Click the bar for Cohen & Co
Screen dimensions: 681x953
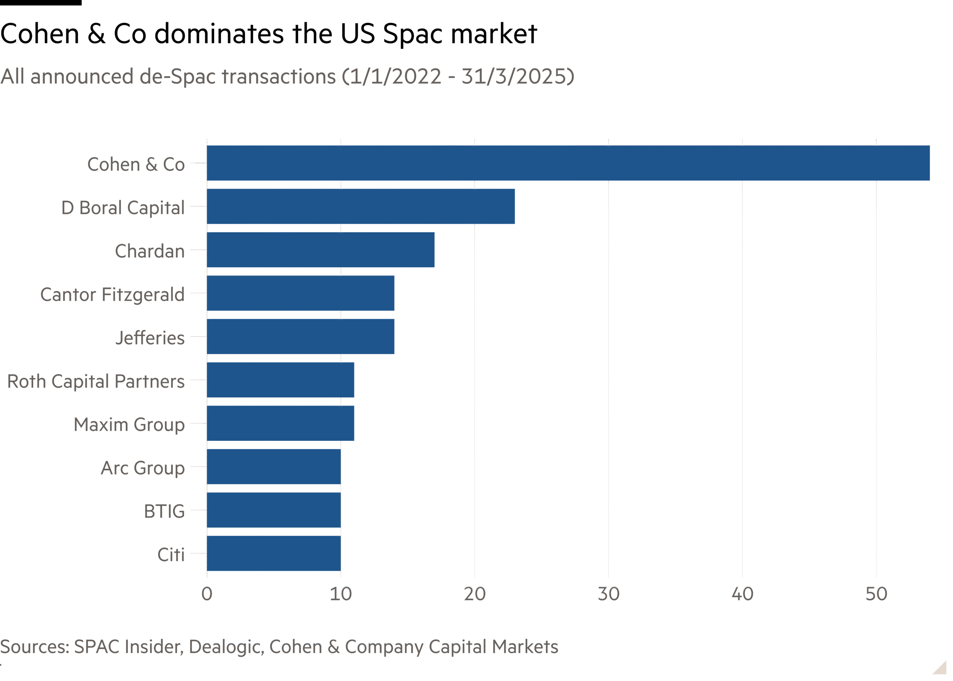coord(568,163)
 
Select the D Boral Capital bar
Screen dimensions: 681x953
coord(361,206)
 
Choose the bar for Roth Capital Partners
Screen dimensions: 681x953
coord(280,380)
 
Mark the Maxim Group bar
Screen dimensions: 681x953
coord(280,423)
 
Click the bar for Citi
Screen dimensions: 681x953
coord(273,554)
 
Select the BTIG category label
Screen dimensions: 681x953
coord(164,511)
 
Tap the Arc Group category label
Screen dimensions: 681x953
coord(143,468)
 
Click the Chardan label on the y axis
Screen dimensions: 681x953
coord(150,251)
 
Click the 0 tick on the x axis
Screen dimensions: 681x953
coord(207,594)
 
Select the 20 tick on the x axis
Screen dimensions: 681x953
coord(475,594)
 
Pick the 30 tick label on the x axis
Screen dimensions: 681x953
coord(608,594)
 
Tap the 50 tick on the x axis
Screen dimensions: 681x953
coord(876,594)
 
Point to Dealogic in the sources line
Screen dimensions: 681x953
coord(226,647)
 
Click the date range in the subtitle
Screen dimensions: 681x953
coord(458,76)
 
